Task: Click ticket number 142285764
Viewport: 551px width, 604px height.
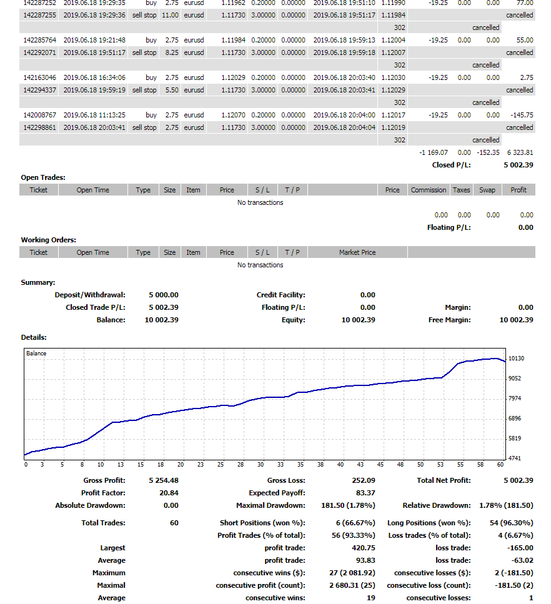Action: [x=41, y=40]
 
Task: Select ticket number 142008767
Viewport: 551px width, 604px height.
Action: [x=41, y=115]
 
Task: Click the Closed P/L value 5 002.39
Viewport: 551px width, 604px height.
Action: [x=518, y=165]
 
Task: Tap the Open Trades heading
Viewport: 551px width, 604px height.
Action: [x=43, y=177]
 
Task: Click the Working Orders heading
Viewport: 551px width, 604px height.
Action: [x=49, y=240]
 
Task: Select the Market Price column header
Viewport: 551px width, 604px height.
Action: [x=357, y=252]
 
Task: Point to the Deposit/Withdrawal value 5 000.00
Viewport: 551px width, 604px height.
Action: [x=164, y=295]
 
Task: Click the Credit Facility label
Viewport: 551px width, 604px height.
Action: [x=280, y=295]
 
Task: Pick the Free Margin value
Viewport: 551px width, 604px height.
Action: [x=516, y=320]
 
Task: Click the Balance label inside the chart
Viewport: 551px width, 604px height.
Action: [x=36, y=354]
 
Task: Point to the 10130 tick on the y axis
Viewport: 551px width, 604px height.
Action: [x=517, y=359]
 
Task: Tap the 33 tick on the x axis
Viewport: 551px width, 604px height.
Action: [x=280, y=465]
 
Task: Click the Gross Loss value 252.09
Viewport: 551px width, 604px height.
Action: [x=364, y=480]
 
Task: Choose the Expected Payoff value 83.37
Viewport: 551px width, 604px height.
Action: [x=365, y=493]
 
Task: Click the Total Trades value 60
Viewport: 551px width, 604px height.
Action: [x=174, y=523]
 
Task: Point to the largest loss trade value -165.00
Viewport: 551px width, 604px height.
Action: [x=520, y=548]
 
